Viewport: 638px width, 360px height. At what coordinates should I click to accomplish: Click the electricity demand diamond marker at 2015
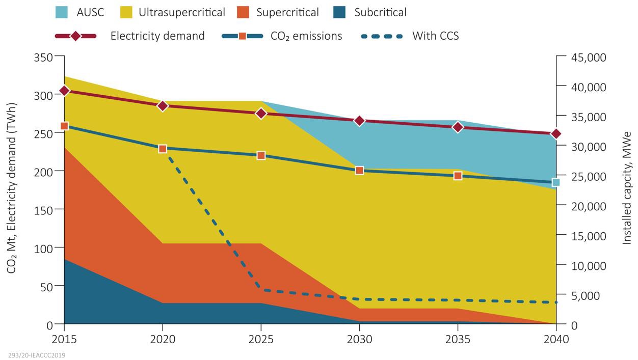click(64, 91)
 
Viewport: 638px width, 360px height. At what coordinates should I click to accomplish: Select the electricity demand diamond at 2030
click(359, 121)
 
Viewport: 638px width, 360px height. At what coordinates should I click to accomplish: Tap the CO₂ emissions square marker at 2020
click(163, 149)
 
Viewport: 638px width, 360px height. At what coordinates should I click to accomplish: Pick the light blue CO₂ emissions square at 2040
click(556, 182)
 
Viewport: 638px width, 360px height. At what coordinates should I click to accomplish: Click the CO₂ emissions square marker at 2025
click(261, 155)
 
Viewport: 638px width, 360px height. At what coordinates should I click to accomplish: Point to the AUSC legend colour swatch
click(62, 12)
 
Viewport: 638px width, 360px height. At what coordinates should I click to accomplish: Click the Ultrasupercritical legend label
click(181, 12)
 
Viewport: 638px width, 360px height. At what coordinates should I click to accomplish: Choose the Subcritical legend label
click(380, 12)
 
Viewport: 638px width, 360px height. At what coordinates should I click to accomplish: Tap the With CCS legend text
click(435, 36)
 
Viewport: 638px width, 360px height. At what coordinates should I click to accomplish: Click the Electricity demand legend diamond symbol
click(75, 36)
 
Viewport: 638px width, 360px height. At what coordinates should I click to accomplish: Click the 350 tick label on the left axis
click(43, 57)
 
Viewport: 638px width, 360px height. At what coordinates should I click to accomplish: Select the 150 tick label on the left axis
click(43, 209)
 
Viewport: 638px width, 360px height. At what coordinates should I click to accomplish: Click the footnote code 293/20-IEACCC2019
click(37, 355)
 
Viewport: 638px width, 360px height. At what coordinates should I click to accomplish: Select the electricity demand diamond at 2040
click(556, 134)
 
